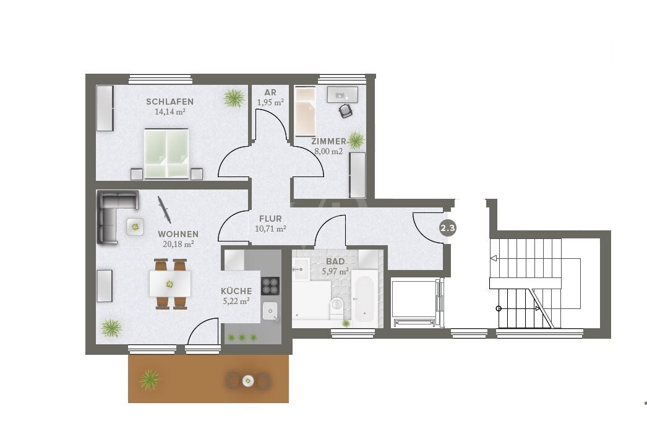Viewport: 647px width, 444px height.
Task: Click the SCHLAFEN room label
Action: coord(169,102)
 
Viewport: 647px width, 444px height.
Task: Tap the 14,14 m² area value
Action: coord(169,112)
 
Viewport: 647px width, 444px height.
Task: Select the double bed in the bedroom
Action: coord(166,152)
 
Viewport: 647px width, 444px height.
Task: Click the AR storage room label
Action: coord(270,93)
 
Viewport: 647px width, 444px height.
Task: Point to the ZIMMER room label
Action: coord(328,141)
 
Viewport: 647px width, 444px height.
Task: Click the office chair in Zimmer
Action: coord(345,110)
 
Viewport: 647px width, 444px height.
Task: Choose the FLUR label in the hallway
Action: coord(270,219)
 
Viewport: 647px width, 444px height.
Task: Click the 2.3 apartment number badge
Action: coord(447,229)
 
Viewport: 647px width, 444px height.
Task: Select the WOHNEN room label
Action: coord(178,234)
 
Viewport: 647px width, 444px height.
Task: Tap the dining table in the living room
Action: coord(169,284)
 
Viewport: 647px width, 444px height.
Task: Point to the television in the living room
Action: coord(164,210)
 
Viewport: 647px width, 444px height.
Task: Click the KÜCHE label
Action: coord(236,291)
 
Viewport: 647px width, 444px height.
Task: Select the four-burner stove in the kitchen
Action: coord(271,285)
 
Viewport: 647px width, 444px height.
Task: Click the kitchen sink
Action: coord(271,311)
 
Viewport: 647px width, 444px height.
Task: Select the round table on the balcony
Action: coord(248,380)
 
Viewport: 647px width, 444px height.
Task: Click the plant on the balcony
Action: coord(149,379)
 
